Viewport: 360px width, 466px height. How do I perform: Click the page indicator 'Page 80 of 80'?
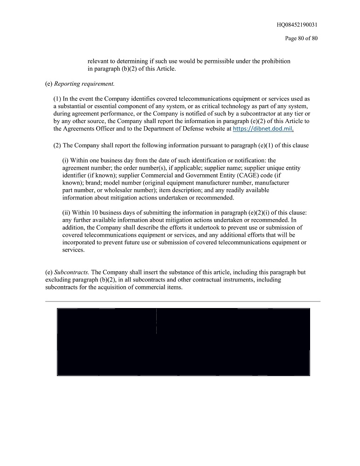click(301, 38)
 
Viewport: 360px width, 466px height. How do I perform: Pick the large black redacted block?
click(183, 342)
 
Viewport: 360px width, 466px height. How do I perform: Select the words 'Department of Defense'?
click(161, 129)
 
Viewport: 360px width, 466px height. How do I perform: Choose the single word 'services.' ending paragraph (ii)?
click(74, 250)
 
